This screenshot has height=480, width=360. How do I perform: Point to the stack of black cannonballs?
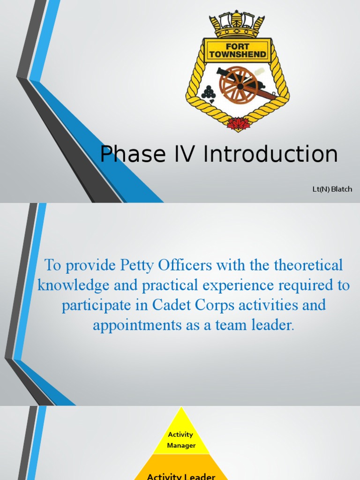(208, 92)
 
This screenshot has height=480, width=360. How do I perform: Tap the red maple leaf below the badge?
(238, 123)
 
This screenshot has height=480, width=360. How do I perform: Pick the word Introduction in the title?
(270, 154)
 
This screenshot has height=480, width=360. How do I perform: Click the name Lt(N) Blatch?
(332, 189)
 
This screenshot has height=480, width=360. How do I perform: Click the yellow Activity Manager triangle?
(181, 438)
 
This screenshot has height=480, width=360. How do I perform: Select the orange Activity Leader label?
(181, 476)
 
